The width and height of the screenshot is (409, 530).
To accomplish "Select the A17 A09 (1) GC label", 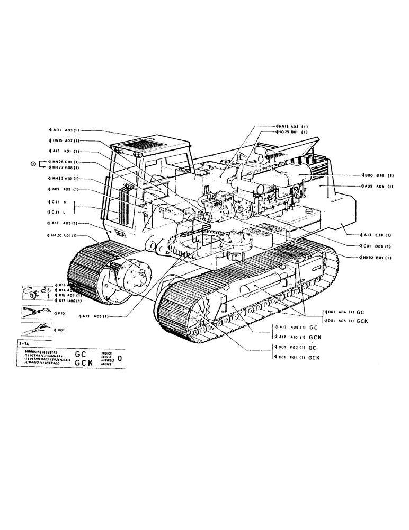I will tap(297, 328).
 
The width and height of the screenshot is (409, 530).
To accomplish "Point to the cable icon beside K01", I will tap(35, 330).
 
